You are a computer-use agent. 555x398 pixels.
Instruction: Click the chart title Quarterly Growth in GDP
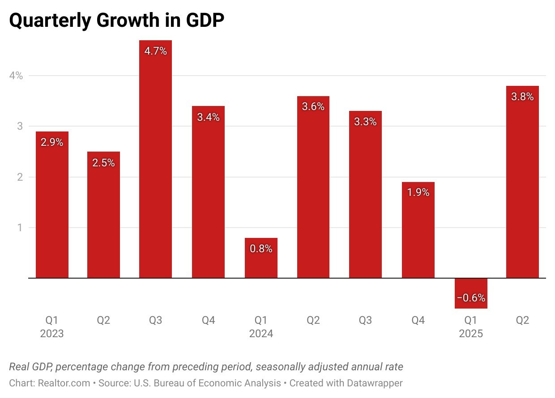pos(116,21)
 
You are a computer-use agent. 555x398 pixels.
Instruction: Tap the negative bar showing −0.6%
pos(471,293)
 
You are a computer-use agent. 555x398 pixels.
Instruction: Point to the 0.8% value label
pos(261,249)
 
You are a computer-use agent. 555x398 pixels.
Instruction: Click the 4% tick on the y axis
pos(16,76)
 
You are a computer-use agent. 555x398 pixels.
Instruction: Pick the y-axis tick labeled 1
pos(20,228)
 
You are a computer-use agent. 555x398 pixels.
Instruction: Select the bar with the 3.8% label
pos(522,183)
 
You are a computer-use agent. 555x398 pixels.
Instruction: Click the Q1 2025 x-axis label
pos(471,327)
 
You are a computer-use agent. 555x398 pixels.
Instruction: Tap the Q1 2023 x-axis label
pos(52,327)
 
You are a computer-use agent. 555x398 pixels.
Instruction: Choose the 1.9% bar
pos(418,233)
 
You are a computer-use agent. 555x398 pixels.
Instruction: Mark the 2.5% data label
pos(103,163)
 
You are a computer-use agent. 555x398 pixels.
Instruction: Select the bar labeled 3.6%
pos(313,188)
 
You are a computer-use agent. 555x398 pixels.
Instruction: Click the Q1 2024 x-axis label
pos(261,327)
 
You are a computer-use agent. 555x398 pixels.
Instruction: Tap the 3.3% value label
pos(365,122)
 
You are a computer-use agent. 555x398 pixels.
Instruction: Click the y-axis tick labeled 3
pos(20,126)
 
